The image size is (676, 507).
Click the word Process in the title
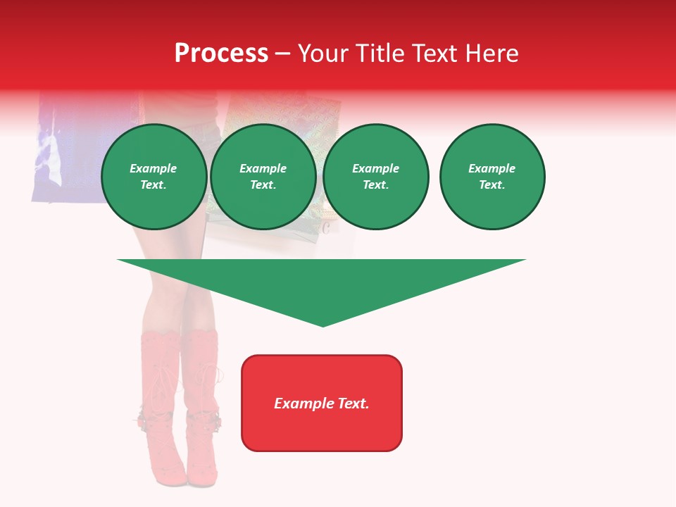221,54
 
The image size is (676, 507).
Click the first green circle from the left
154,177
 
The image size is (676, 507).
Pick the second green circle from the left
263,177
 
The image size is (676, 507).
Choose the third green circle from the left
376,177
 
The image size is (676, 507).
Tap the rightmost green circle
492,177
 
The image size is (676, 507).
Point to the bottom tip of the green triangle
323,325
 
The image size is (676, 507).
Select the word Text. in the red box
353,403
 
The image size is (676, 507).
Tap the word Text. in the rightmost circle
492,185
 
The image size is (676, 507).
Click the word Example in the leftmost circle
154,169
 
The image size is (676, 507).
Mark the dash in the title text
283,54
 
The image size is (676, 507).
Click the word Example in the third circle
376,169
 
